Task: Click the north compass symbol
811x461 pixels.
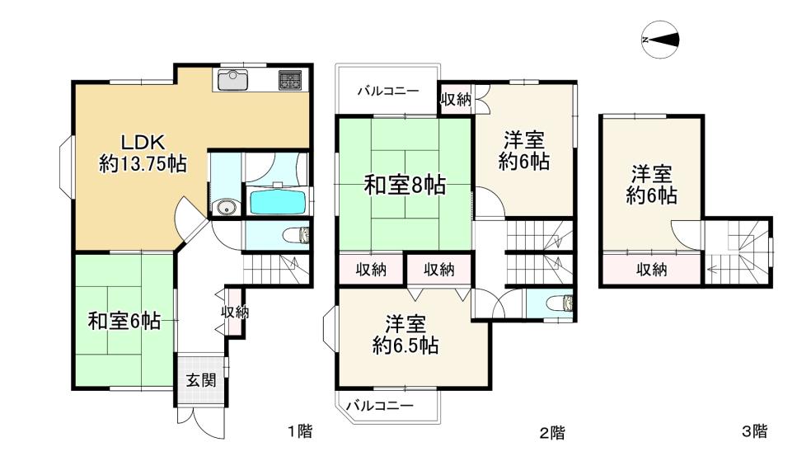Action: coord(660,40)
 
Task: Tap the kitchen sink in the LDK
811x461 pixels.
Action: coord(232,80)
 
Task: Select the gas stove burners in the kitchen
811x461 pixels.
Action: coord(291,80)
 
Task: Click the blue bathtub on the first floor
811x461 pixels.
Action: coord(278,202)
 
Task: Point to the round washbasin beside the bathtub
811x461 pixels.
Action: coord(227,207)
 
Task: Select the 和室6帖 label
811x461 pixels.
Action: coord(124,322)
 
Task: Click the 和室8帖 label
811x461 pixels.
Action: coord(405,185)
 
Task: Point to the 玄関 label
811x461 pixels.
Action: coord(201,380)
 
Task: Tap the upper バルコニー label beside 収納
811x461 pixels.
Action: coord(388,91)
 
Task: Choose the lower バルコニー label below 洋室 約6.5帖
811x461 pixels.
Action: coord(380,405)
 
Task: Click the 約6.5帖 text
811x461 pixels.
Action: coord(405,345)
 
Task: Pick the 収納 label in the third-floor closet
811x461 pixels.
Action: coord(652,269)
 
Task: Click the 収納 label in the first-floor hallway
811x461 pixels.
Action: coord(236,312)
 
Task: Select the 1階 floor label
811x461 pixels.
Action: coord(300,430)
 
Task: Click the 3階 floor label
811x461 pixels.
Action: coord(755,430)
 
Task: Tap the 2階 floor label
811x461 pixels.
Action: coord(552,432)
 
